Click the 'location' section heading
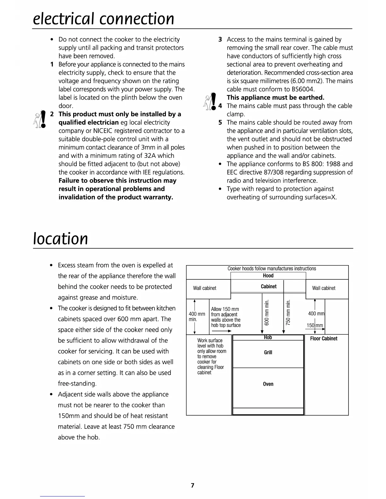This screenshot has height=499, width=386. tap(61, 238)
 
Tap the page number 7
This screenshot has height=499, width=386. tap(193, 485)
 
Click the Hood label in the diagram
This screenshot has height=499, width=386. tap(268, 276)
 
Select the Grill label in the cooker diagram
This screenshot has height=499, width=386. tap(268, 353)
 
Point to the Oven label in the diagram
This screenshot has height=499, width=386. tap(268, 384)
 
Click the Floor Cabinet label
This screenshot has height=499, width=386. tap(324, 339)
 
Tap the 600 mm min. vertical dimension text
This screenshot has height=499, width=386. tap(267, 313)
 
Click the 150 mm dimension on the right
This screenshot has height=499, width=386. tap(315, 325)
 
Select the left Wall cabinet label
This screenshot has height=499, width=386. tap(205, 288)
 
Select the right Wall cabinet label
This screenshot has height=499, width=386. tap(324, 288)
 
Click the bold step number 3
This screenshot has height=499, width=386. tap(220, 39)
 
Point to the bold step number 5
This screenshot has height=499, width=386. tap(220, 123)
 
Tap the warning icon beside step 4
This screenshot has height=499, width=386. tap(210, 101)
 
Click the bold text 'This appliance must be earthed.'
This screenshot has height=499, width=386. tap(275, 98)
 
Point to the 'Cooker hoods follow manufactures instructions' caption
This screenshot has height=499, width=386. tap(272, 269)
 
